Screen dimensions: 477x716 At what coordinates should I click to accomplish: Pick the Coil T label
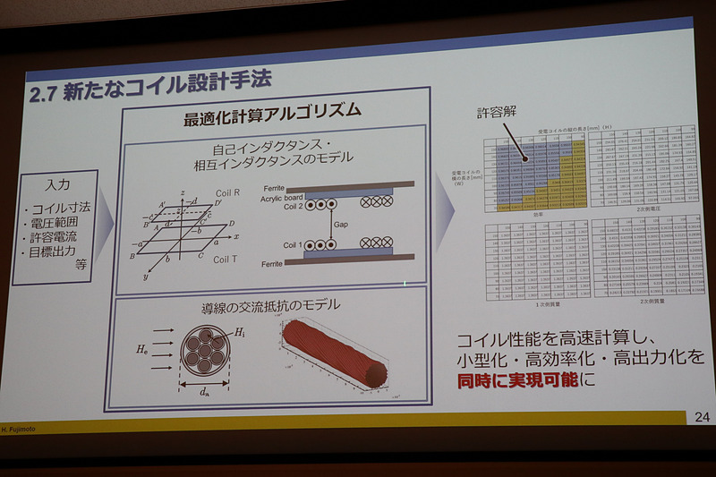pyautogui.click(x=225, y=260)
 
